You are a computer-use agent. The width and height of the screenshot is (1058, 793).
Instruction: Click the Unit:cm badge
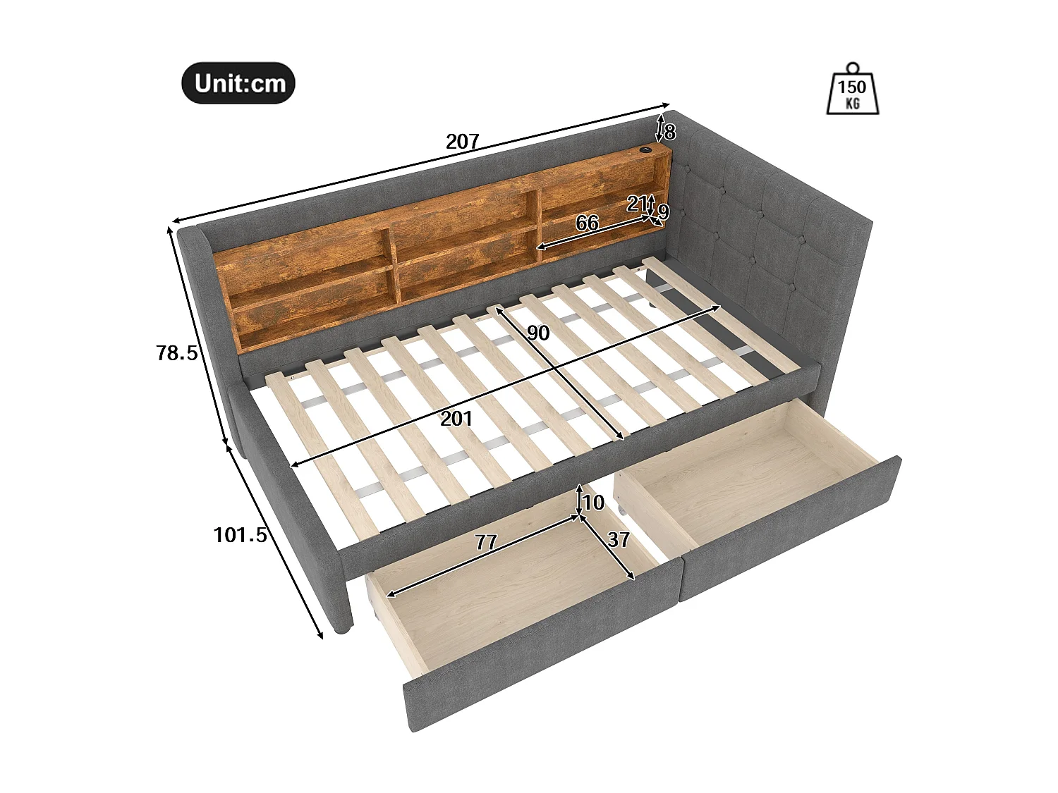point(238,84)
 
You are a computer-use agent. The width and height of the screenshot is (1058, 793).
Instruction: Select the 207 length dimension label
point(462,142)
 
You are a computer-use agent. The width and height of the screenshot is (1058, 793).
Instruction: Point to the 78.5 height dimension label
point(176,353)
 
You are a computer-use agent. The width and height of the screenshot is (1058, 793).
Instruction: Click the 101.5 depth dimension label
point(241,536)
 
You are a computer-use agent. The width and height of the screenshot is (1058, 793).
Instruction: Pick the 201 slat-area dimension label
point(456,419)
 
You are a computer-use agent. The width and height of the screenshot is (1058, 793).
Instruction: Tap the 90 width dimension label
point(538,333)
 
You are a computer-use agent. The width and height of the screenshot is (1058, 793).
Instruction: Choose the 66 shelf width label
point(587,223)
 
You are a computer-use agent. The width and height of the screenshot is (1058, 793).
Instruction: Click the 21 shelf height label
point(638,204)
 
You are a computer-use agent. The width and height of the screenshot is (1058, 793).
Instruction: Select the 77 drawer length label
point(486,543)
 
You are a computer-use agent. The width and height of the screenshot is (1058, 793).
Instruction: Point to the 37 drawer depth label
point(619,540)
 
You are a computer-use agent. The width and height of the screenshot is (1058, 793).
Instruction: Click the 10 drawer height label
point(594,503)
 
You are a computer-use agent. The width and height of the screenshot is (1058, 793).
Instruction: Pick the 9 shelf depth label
point(663,211)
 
